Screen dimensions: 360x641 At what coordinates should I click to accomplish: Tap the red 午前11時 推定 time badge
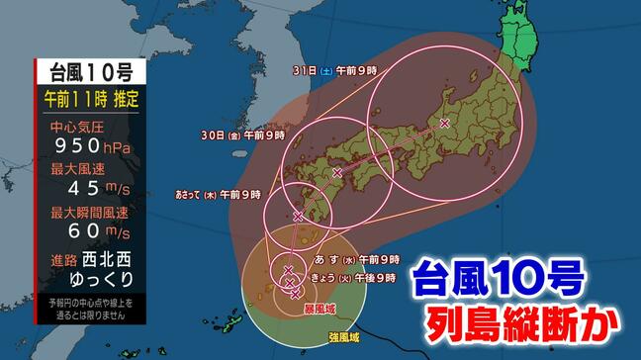[89, 99]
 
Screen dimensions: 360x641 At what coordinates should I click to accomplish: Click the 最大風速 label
[70, 169]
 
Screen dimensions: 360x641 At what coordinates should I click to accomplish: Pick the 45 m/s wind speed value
[89, 189]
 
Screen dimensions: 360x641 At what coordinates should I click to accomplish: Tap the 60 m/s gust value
[89, 232]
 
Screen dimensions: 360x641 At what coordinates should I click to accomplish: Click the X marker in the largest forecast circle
[444, 124]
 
